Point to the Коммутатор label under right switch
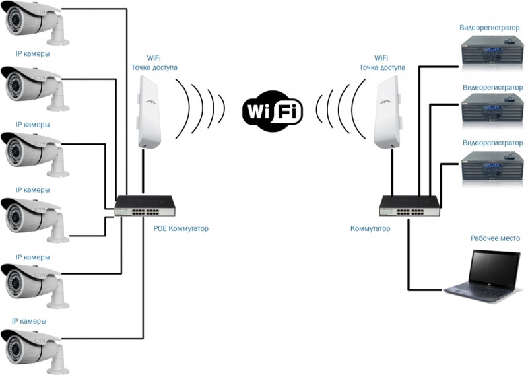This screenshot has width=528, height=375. point(370,228)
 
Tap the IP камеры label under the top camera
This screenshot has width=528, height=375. point(32,54)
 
